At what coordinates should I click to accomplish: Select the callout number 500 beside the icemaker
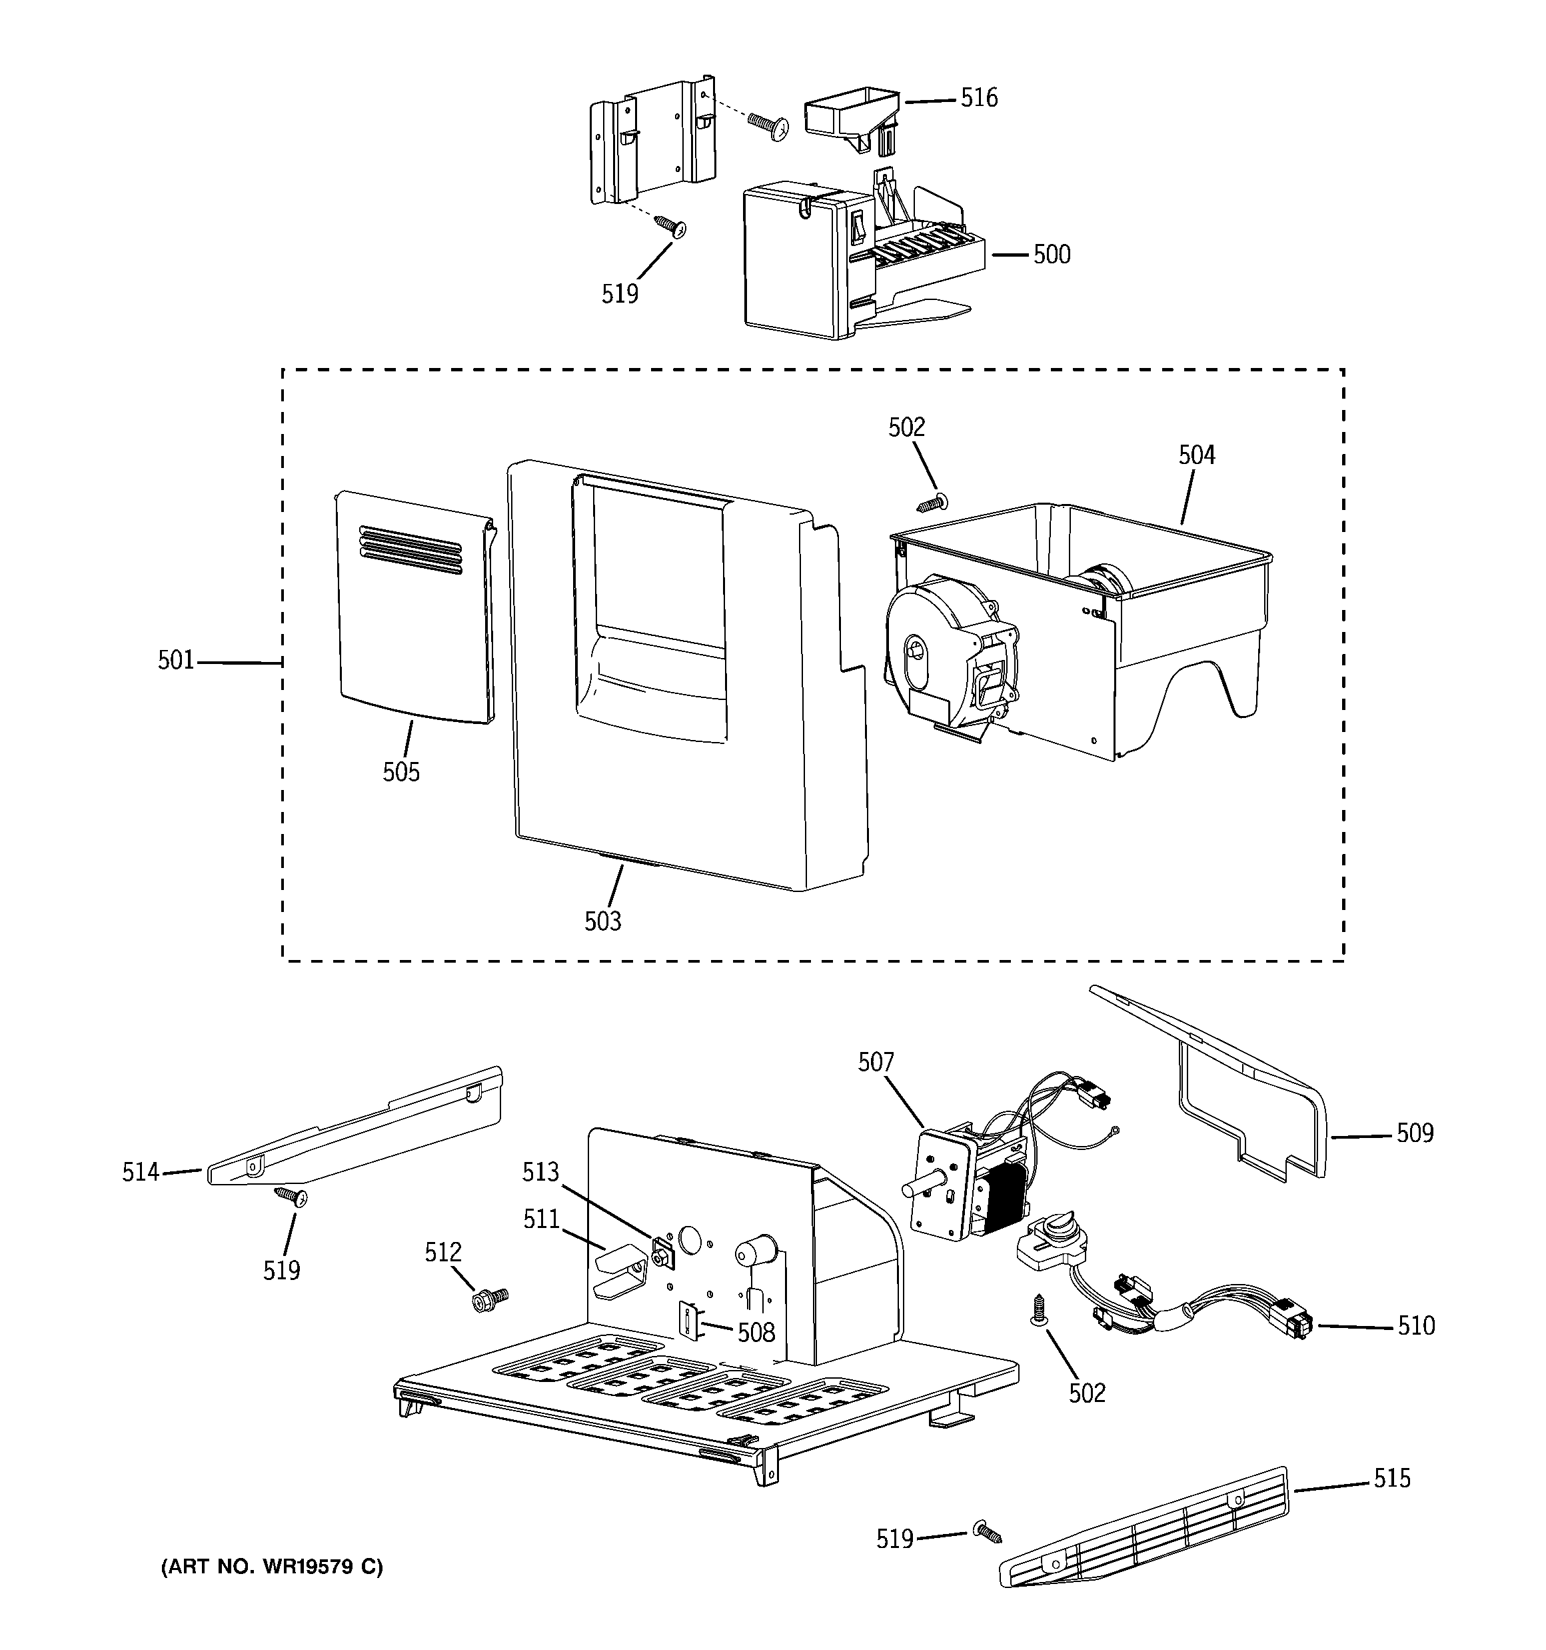pyautogui.click(x=1052, y=255)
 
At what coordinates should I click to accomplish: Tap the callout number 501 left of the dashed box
pyautogui.click(x=176, y=661)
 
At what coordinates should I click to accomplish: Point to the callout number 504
pyautogui.click(x=1197, y=455)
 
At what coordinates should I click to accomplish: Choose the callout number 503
pyautogui.click(x=602, y=921)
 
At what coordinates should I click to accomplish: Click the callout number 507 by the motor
pyautogui.click(x=876, y=1063)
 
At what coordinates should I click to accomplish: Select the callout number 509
pyautogui.click(x=1414, y=1133)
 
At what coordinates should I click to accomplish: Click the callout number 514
pyautogui.click(x=140, y=1172)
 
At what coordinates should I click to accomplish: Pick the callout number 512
pyautogui.click(x=443, y=1253)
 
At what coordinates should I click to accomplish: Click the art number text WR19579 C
pyautogui.click(x=271, y=1567)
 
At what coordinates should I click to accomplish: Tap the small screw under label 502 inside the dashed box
pyautogui.click(x=934, y=502)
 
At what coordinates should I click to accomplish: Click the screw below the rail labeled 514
pyautogui.click(x=291, y=1195)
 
